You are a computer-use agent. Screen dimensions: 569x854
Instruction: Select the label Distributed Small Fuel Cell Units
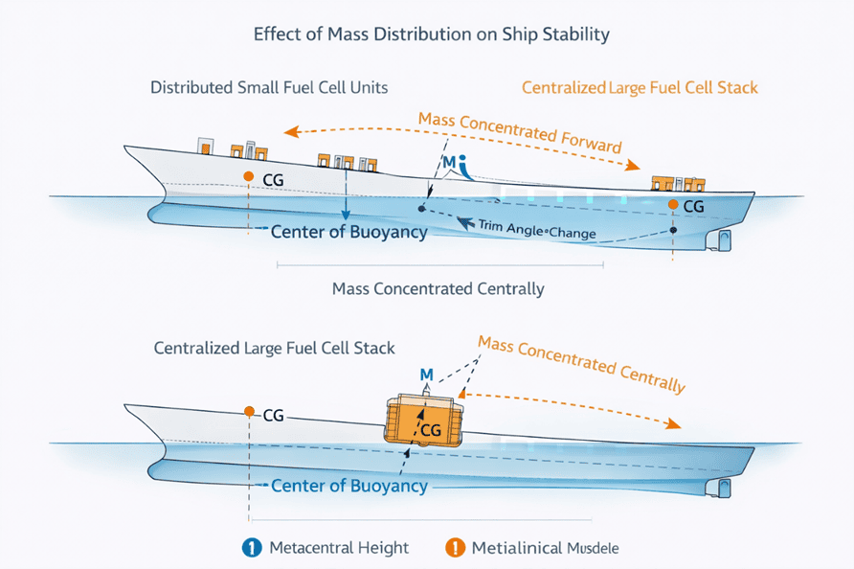coord(269,87)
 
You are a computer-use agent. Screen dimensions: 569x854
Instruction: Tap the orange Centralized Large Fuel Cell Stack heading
coord(640,87)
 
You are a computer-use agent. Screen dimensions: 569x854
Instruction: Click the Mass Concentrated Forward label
coord(520,133)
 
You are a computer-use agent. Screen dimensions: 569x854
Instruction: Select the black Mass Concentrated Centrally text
coord(438,288)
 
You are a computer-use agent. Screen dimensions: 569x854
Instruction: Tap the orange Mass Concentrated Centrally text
coord(581,365)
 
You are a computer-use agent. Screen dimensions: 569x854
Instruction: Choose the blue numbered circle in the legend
coord(252,548)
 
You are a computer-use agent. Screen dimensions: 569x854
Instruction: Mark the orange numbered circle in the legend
coord(455,548)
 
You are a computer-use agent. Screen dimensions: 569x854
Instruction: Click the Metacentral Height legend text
coord(339,548)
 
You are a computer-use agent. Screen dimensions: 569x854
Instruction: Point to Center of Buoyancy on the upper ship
coord(348,232)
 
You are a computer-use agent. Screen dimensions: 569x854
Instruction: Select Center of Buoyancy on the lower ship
coord(348,486)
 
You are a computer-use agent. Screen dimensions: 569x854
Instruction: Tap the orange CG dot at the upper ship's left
coord(248,177)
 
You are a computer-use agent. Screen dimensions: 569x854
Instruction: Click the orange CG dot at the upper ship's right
coord(673,205)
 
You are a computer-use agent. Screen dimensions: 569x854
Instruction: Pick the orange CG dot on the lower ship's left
coord(248,412)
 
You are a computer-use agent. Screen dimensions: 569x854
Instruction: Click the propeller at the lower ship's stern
coord(717,488)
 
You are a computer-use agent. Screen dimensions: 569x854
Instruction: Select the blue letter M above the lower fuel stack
coord(427,373)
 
